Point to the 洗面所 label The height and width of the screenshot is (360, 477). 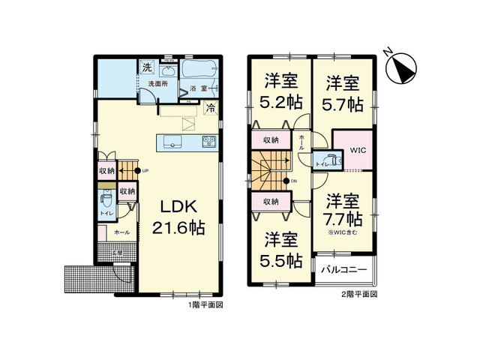click(156, 84)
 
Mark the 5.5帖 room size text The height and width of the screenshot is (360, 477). click(283, 260)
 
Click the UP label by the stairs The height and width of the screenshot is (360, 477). click(145, 170)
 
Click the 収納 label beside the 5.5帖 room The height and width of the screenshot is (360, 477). click(270, 202)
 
